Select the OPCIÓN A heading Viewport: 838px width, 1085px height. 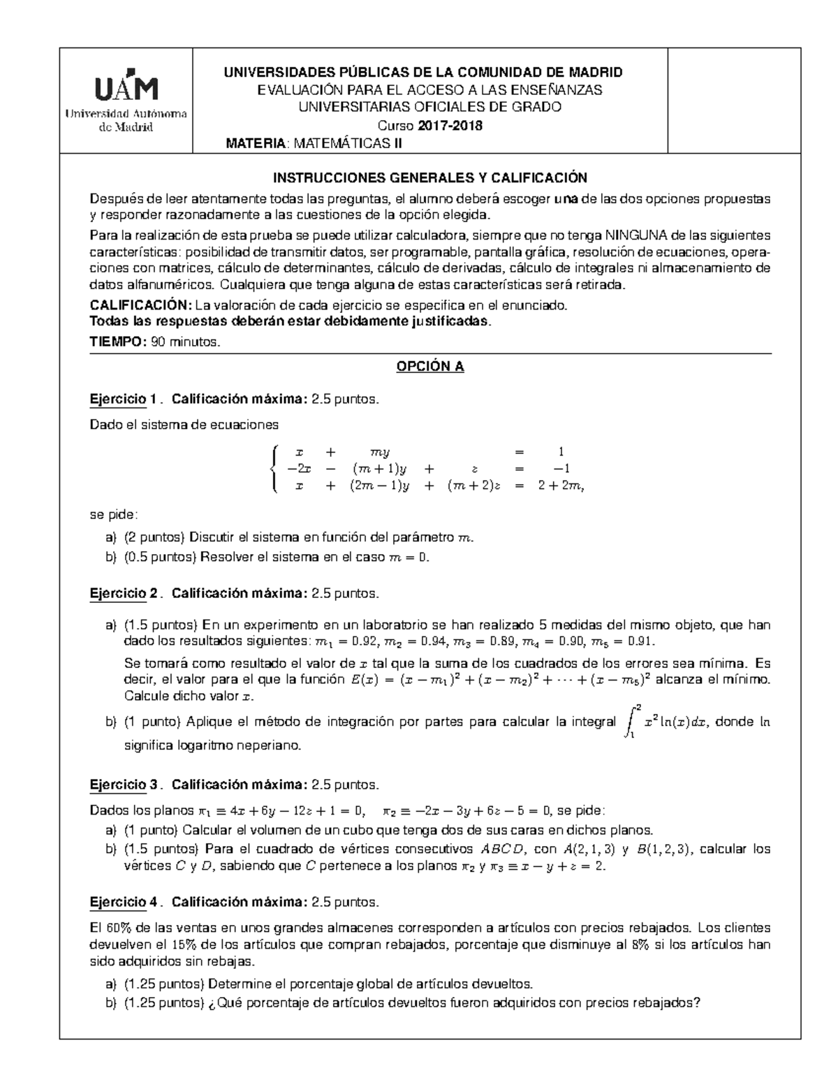click(430, 367)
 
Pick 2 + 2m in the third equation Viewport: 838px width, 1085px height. click(560, 486)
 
